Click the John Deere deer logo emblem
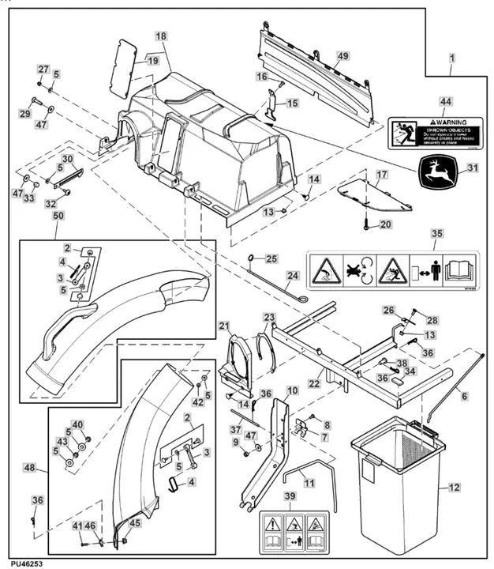(433, 171)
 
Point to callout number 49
(342, 55)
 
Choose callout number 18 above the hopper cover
(160, 36)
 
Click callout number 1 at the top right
(451, 58)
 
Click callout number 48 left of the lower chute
(30, 468)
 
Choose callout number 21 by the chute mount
(223, 326)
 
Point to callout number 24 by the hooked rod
(292, 276)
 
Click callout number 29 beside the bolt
(24, 115)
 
